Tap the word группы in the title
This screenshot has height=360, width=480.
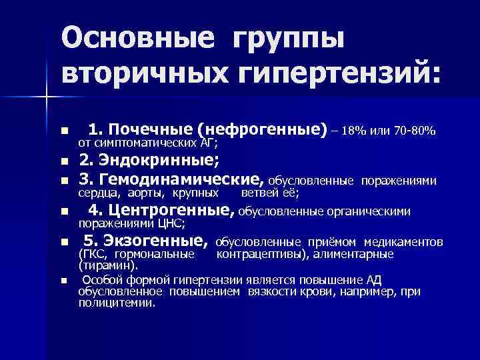[x=289, y=40]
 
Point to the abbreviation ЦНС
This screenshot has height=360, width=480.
[x=170, y=224]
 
